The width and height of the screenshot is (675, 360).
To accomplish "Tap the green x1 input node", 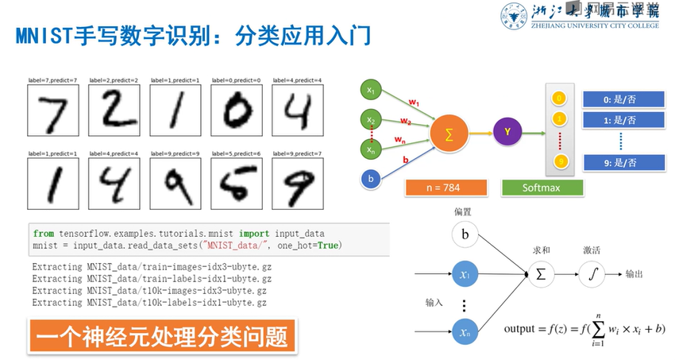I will click(x=371, y=91).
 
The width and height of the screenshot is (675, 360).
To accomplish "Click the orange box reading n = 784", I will click(x=445, y=188).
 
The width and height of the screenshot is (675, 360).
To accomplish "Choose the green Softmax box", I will click(x=542, y=188).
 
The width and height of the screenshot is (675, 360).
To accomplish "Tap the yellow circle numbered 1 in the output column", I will click(x=561, y=118).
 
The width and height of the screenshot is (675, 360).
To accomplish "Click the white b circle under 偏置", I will click(x=466, y=235).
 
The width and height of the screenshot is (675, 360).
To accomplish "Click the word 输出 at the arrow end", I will click(x=634, y=274).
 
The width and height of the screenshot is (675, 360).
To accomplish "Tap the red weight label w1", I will click(x=414, y=101).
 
